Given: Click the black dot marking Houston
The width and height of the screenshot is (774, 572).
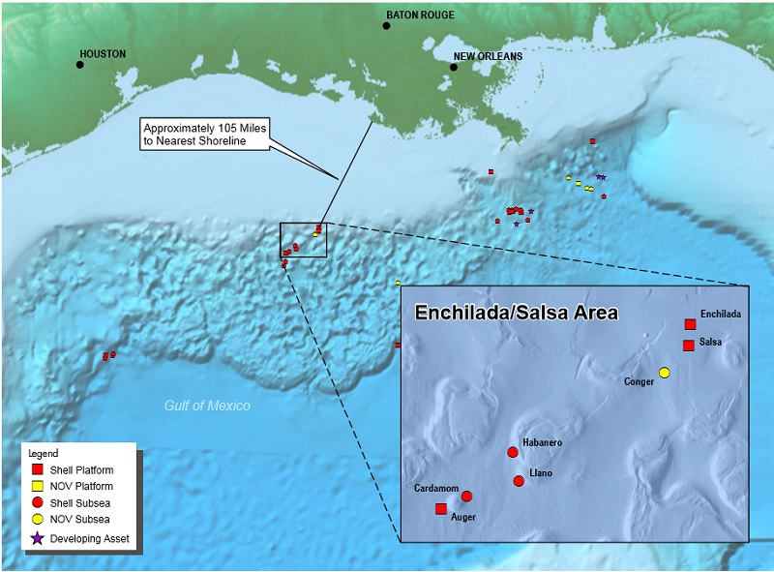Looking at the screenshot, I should pyautogui.click(x=79, y=65).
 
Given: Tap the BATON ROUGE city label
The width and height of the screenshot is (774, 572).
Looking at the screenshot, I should pyautogui.click(x=420, y=15).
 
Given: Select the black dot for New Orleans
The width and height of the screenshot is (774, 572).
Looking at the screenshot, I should pyautogui.click(x=454, y=68).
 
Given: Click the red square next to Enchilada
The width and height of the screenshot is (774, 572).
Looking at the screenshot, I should pyautogui.click(x=689, y=324).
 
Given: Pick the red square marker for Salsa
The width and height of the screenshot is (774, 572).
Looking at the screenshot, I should pyautogui.click(x=689, y=346).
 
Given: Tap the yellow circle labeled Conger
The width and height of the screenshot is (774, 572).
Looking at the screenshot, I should pyautogui.click(x=664, y=373).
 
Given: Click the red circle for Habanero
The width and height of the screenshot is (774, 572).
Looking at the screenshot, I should pyautogui.click(x=513, y=452).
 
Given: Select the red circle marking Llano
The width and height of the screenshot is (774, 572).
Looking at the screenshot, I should pyautogui.click(x=519, y=481).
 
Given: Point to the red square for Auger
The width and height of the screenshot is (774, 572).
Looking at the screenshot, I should pyautogui.click(x=441, y=508).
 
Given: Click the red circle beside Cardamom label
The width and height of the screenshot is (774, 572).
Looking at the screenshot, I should pyautogui.click(x=466, y=497).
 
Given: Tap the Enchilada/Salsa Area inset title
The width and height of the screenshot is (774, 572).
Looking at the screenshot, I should pyautogui.click(x=516, y=314).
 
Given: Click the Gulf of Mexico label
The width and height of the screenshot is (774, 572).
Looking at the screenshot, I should pyautogui.click(x=207, y=406).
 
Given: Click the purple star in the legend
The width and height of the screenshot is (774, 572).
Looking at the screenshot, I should pyautogui.click(x=38, y=539).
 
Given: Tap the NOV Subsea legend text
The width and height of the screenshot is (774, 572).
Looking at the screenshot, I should pyautogui.click(x=80, y=521).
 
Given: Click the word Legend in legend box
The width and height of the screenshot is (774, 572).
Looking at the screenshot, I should pyautogui.click(x=43, y=453).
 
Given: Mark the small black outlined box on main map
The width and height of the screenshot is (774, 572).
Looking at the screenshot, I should pyautogui.click(x=303, y=239).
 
